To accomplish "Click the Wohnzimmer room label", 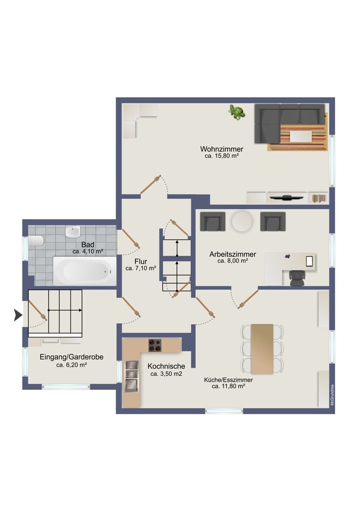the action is tap(222, 149).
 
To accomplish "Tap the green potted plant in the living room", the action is tap(237, 112).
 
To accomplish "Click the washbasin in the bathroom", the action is tap(73, 232).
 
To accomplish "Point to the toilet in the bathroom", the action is tap(36, 241).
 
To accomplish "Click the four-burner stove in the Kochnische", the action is tap(155, 345).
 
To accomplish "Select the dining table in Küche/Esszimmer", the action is tap(262, 349).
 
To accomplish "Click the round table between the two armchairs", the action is tap(242, 221).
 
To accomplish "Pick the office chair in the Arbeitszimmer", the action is tap(297, 278).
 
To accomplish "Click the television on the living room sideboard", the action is tap(286, 197).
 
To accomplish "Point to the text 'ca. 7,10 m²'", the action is tap(141, 268).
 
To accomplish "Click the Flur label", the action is tap(141, 261).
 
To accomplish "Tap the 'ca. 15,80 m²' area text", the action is tap(222, 156).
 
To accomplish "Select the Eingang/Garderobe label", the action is tap(72, 357).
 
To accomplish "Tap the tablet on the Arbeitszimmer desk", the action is tap(309, 261).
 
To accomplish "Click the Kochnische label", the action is tap(166, 366).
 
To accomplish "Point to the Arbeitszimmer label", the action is tap(233, 254).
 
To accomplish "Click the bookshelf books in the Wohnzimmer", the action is tap(319, 198).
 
